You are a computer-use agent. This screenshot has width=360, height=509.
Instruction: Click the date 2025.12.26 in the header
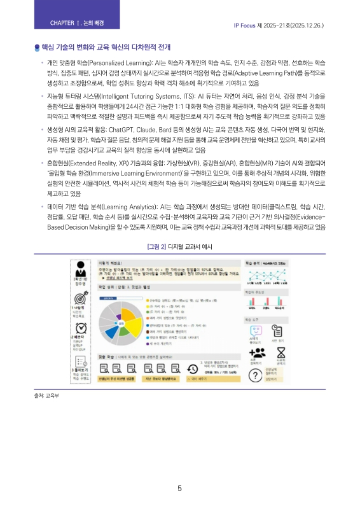308,26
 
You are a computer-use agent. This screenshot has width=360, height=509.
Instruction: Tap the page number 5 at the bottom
180,489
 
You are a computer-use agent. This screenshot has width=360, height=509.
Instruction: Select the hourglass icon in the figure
289,353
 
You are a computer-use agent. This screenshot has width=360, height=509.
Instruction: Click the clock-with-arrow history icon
193,370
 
